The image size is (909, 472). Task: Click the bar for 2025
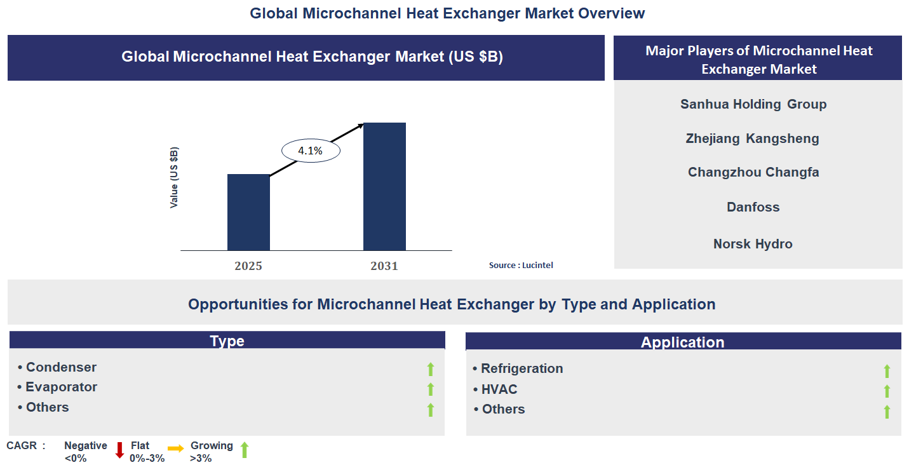[248, 212]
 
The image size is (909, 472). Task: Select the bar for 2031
[384, 187]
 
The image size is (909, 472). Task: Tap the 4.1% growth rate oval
[311, 151]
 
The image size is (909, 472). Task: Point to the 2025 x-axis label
[248, 266]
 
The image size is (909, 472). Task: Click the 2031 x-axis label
[384, 266]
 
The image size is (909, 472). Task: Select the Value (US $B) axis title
[174, 178]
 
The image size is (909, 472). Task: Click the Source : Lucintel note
[521, 265]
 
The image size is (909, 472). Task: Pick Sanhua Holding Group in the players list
[753, 104]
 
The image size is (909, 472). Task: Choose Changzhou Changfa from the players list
[753, 172]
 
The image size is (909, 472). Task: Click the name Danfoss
[753, 207]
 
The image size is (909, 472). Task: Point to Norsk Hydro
[753, 244]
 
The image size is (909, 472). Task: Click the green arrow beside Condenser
[431, 369]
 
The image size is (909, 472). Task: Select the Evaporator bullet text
[61, 387]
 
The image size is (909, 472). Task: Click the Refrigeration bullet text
[522, 368]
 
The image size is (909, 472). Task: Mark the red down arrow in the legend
[119, 450]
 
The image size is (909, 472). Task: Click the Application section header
[683, 342]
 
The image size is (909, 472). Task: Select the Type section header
[227, 341]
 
